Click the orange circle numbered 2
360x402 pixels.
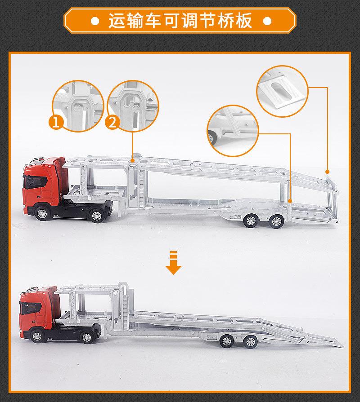112,123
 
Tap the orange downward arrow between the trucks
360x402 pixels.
173,265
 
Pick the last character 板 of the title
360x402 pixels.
242,21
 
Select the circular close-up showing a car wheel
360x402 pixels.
233,127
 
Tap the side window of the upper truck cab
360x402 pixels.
33,181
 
